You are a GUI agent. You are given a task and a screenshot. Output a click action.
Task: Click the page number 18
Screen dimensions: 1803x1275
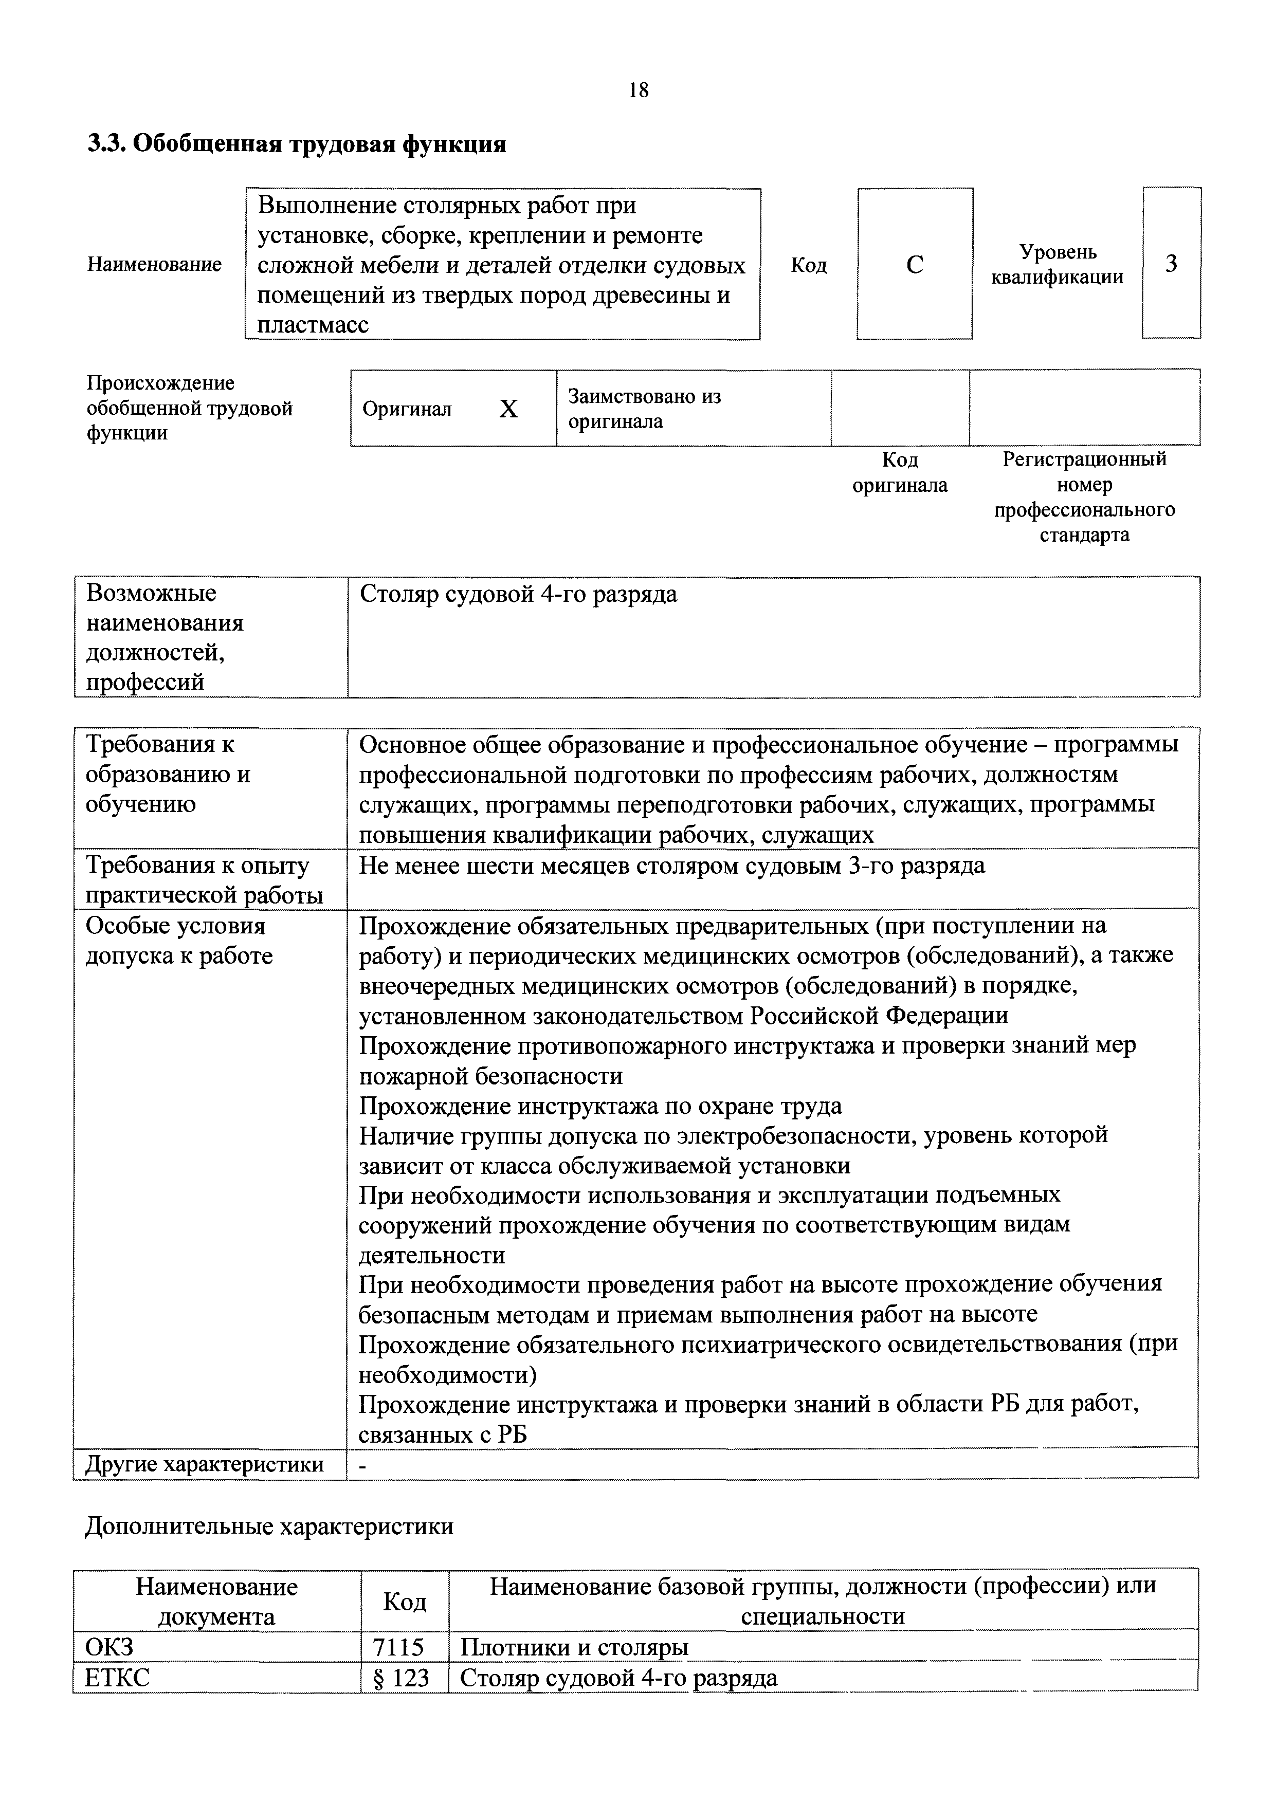click(x=639, y=91)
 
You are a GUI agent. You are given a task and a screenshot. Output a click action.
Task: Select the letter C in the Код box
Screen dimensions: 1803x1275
click(x=915, y=265)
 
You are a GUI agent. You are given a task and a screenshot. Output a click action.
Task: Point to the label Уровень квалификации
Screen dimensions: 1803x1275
click(x=1058, y=265)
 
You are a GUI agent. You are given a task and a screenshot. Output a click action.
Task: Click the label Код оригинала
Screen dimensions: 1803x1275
click(x=900, y=472)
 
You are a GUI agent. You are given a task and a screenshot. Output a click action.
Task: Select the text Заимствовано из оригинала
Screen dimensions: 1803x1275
click(x=644, y=408)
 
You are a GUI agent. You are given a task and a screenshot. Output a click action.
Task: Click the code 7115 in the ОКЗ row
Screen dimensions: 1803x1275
click(x=403, y=1647)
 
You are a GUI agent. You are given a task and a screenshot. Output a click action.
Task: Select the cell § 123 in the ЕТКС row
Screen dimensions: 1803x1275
click(x=403, y=1678)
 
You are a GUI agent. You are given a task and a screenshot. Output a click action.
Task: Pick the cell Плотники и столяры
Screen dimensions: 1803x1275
click(x=573, y=1647)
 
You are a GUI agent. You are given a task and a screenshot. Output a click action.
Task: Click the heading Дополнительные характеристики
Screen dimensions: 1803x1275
click(x=269, y=1526)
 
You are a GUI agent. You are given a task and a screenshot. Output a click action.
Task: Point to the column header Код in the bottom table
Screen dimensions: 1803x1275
click(x=405, y=1601)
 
